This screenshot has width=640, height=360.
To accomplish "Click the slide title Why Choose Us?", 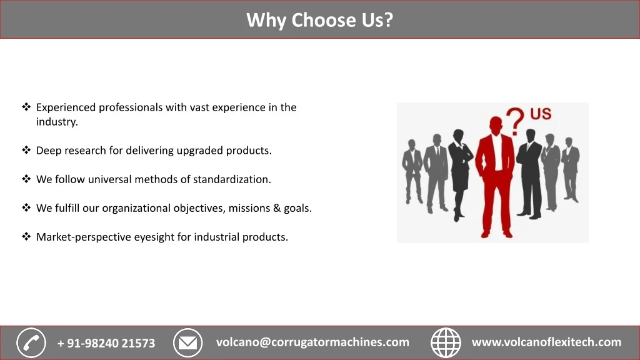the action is coord(319,20).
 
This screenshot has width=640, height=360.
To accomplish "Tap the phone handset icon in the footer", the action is coord(31,343).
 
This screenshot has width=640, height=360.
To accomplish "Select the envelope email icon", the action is coord(187,343).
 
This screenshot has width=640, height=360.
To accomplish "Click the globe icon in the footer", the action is coord(446,343).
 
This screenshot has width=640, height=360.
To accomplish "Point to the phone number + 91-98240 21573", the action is coord(106,343).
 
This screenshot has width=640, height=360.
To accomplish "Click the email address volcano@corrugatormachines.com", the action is coord(312,342).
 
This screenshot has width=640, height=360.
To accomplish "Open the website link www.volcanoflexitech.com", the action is coord(546,342).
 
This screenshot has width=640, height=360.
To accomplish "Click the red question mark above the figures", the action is coord(516,121).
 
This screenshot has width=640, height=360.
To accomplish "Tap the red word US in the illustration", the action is coord(541,114).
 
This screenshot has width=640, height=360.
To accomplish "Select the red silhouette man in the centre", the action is coord(496,177).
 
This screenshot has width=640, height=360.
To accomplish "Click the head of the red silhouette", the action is coord(496,124).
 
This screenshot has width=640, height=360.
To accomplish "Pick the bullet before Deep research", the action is coord(26,150).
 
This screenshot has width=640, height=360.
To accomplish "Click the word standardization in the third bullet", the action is coord(232,179).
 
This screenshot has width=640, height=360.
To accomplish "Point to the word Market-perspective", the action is coord(84,237).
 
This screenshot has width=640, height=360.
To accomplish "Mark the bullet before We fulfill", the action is coord(26,207).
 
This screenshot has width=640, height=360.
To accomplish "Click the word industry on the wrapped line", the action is coord(57,122).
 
